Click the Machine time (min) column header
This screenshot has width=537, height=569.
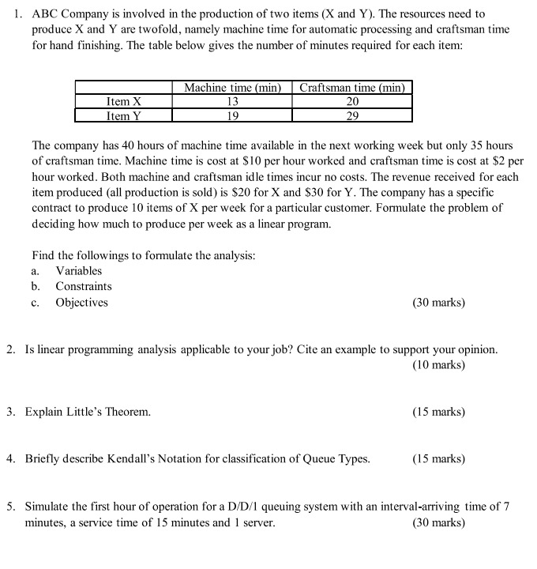(x=232, y=88)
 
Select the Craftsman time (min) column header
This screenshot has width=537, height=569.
(x=352, y=88)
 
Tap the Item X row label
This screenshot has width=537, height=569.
(x=124, y=102)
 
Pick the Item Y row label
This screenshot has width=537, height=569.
(x=124, y=115)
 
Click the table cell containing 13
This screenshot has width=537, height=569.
(x=232, y=102)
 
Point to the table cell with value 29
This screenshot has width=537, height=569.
(x=352, y=115)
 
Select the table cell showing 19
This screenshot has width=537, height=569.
(x=232, y=115)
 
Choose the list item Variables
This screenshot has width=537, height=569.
(x=78, y=271)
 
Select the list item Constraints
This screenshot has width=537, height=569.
(x=83, y=286)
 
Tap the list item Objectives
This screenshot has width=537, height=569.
(x=81, y=302)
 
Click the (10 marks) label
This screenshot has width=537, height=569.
(x=438, y=364)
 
